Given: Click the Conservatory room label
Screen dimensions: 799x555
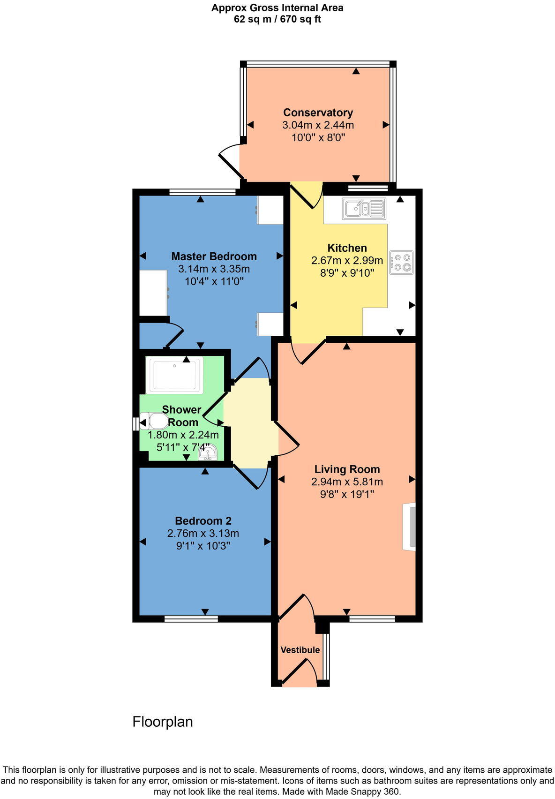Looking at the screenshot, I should (x=318, y=113).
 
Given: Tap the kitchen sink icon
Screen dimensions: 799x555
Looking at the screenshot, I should (x=364, y=209).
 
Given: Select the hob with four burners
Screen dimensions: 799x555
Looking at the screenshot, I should (x=402, y=262).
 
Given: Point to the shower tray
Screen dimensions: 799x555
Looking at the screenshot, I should (x=174, y=375).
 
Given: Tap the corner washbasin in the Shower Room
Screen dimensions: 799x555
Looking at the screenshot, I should (x=208, y=451).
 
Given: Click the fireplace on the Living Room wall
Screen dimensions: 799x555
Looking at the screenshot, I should (x=410, y=526).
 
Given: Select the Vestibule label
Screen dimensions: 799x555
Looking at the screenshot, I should (x=300, y=650).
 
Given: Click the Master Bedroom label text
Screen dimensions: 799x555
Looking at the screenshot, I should (x=214, y=256).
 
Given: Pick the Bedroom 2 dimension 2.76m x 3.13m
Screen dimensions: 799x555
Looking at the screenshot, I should (x=203, y=533).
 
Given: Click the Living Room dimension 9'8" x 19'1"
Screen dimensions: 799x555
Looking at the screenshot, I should (x=347, y=494).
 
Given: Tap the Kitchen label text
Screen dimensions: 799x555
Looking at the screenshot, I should (x=347, y=248).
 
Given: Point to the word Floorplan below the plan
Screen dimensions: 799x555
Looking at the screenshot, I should (x=163, y=721).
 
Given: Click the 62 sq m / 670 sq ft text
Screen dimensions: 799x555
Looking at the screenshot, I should (x=277, y=19).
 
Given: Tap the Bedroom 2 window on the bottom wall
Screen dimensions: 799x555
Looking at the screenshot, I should (x=191, y=619).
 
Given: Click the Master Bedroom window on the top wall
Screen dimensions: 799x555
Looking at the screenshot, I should (x=202, y=192).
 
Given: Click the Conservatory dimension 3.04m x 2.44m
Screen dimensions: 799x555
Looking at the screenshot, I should (x=318, y=125).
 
